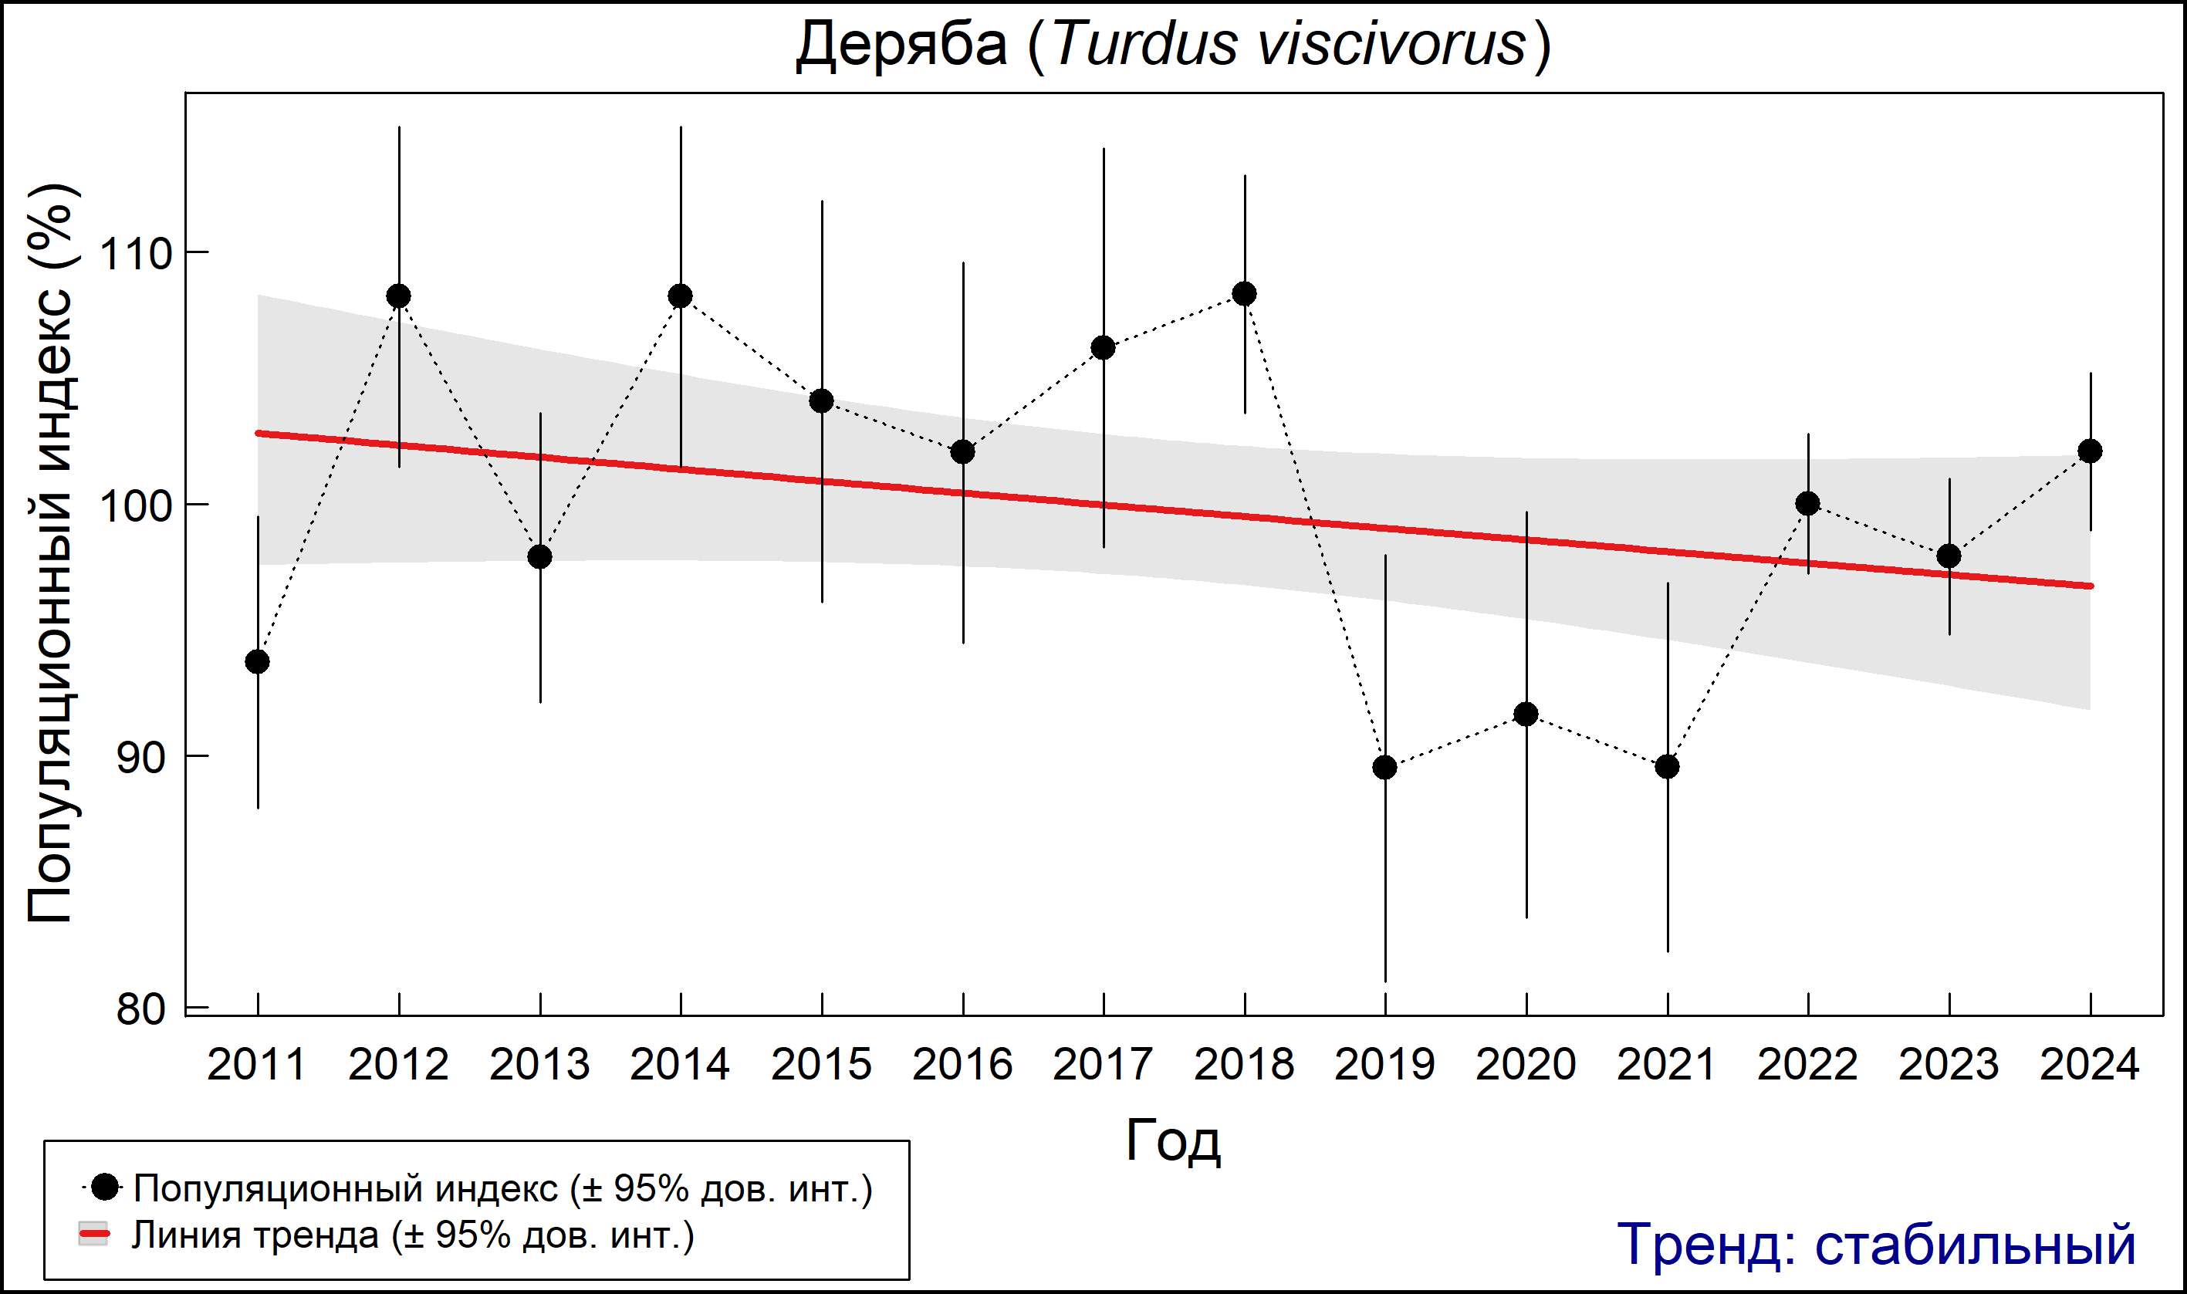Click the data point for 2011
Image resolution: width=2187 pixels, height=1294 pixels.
coord(257,662)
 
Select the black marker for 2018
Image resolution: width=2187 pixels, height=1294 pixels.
coord(1244,294)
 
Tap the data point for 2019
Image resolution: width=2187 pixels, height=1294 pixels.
coord(1384,767)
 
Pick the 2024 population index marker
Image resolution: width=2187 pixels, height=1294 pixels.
coord(2091,451)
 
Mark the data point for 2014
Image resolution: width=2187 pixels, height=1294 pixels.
coord(680,296)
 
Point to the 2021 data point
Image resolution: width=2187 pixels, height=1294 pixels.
coord(1668,766)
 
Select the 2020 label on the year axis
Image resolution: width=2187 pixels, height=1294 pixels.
coord(1526,1066)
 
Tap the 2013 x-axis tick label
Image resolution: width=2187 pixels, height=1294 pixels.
coord(539,1066)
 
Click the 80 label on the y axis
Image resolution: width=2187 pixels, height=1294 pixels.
coord(141,1010)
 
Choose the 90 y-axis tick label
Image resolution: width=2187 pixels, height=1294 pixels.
coord(141,758)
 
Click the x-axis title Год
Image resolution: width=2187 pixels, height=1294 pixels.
coord(1173,1140)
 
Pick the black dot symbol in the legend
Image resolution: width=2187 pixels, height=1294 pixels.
coord(105,1187)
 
